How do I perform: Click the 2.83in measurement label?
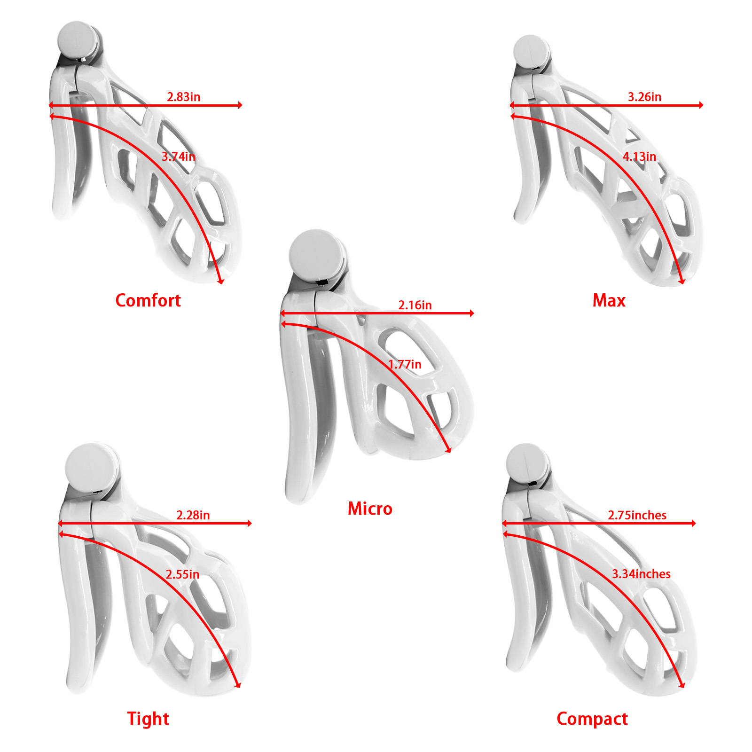tap(183, 97)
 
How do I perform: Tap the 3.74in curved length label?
tap(178, 157)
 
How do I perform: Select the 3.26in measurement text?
tap(644, 97)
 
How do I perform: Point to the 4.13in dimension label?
tap(639, 157)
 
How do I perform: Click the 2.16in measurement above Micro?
tap(415, 305)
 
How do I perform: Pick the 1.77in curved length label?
tap(404, 364)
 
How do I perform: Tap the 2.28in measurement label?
tap(193, 515)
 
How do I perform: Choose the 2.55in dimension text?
tap(182, 574)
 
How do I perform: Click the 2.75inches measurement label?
tap(637, 515)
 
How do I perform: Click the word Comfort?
tap(148, 300)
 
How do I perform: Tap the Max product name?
tap(609, 300)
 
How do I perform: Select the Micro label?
tap(370, 509)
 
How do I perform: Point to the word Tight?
tap(148, 719)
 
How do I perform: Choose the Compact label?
tap(592, 719)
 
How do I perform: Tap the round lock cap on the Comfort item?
tap(77, 39)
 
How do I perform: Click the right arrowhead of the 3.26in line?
tap(701, 105)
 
